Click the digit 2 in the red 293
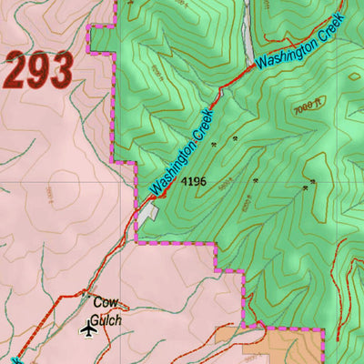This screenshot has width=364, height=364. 16,71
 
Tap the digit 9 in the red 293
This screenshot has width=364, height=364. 39,71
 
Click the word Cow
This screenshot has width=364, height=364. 105,301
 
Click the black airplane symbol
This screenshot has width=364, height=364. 88,329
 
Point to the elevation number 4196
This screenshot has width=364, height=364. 194,182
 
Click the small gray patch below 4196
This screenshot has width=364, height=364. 148,213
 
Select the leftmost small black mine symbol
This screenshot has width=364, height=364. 215,145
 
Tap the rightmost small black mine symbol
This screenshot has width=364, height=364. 313,182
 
